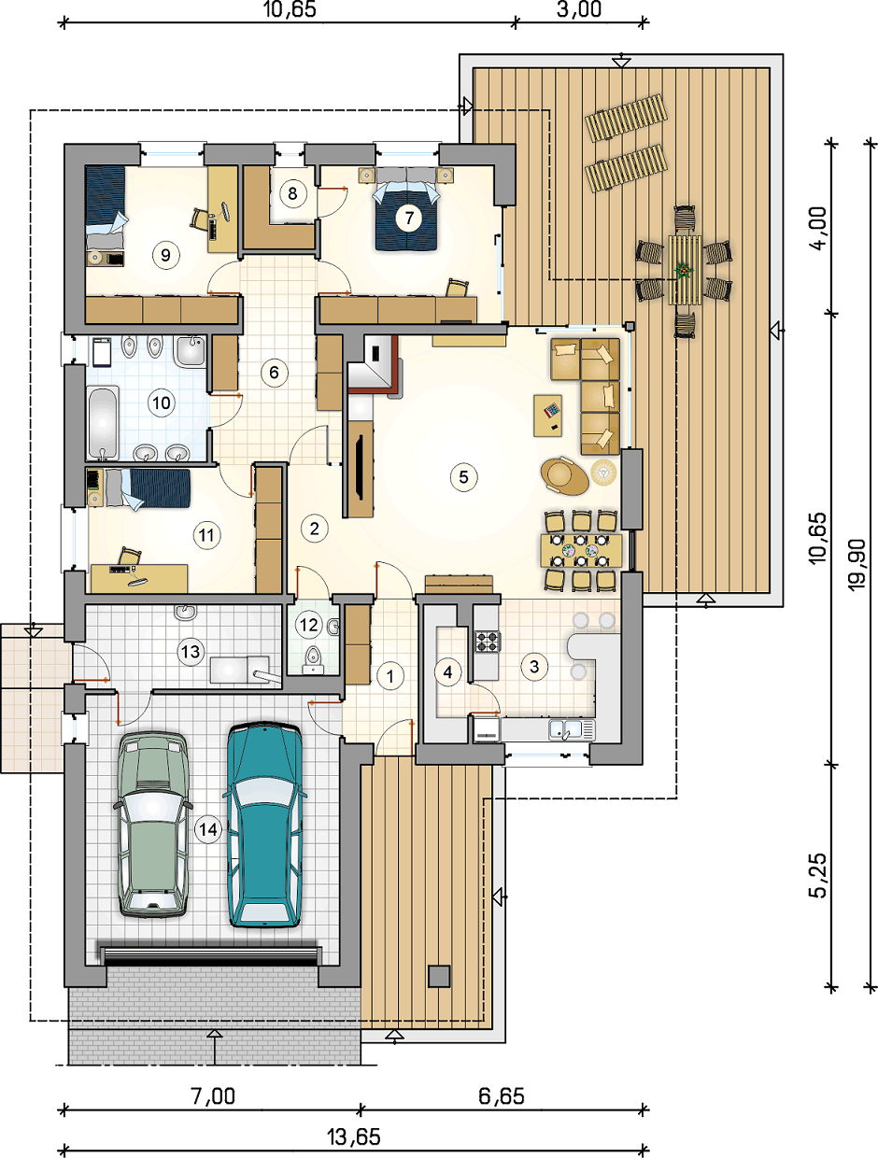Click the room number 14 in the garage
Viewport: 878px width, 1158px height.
click(208, 830)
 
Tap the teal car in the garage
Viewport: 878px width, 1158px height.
click(264, 825)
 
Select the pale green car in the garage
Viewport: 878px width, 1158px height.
click(153, 826)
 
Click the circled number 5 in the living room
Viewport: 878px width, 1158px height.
click(463, 477)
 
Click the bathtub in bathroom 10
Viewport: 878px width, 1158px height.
click(103, 422)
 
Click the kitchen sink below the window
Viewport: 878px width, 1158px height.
click(572, 730)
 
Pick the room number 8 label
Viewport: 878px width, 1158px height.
click(292, 193)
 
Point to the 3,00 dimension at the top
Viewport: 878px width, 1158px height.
click(579, 9)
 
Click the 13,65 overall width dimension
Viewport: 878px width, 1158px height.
click(353, 1137)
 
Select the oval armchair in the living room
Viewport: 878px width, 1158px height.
click(564, 476)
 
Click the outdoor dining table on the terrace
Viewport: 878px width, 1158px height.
click(685, 270)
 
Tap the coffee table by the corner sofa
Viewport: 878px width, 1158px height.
click(547, 416)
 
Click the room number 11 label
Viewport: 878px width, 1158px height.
click(205, 535)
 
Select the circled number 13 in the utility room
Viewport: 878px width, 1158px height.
click(191, 652)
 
